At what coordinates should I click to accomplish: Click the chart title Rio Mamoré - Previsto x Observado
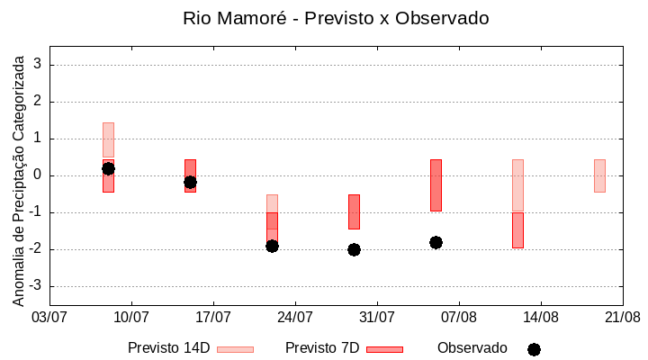[336, 18]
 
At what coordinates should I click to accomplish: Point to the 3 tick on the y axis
[39, 65]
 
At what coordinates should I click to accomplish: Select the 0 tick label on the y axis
[39, 175]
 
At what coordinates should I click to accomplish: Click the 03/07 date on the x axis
[49, 317]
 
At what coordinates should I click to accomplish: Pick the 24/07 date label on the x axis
[295, 317]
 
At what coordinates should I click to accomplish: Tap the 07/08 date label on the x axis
[459, 317]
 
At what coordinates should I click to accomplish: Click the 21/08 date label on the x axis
[622, 317]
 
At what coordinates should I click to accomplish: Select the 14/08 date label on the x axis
[540, 317]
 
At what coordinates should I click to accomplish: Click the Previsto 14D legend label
[168, 348]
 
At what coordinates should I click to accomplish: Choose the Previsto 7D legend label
[321, 348]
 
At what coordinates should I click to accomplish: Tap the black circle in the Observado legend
[534, 349]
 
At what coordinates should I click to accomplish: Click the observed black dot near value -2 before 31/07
[354, 249]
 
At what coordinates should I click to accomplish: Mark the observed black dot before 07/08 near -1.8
[436, 242]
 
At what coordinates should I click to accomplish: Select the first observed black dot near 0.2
[108, 168]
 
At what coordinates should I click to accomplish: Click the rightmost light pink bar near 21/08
[599, 175]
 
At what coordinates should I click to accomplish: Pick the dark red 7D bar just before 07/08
[436, 185]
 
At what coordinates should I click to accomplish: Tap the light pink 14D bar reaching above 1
[108, 139]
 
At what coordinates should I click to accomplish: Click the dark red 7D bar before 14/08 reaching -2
[517, 230]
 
